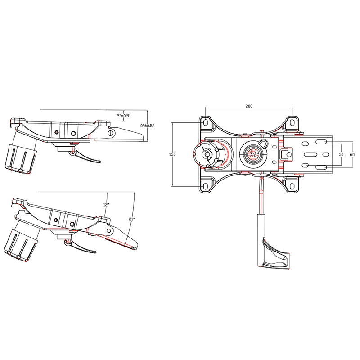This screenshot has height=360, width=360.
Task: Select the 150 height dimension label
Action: click(172, 154)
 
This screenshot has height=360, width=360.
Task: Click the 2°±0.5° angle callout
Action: click(123, 116)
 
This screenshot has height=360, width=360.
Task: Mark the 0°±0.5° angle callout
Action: click(147, 126)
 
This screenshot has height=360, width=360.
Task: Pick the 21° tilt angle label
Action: click(131, 219)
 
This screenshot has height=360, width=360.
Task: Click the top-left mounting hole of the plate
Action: click(205, 122)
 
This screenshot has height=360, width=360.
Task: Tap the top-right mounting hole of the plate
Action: click(293, 122)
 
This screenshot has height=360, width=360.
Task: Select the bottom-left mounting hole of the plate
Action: click(205, 186)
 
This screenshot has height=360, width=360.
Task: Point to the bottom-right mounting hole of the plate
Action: click(293, 186)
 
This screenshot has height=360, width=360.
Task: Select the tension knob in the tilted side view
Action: click(21, 244)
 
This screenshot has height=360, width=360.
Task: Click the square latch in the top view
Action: click(284, 154)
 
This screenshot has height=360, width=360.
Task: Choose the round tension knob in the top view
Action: click(207, 153)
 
